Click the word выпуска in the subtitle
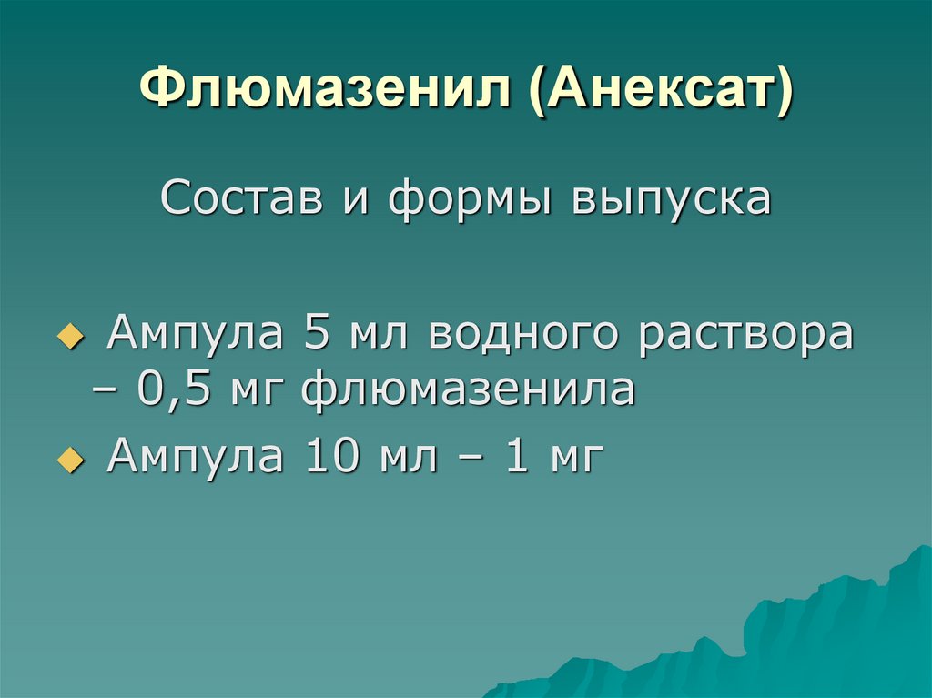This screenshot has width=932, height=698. click(x=671, y=198)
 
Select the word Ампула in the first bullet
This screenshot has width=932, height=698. click(x=194, y=335)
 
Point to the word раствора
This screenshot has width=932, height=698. click(x=745, y=335)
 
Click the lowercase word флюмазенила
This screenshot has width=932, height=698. click(x=469, y=390)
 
